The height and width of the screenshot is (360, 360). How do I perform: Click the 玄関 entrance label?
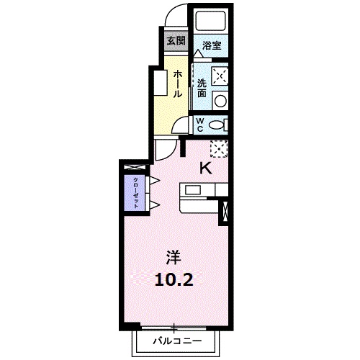pos(175,40)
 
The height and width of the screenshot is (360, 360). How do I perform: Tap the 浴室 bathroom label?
pos(211,45)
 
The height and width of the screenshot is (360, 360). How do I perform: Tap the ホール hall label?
pos(177,85)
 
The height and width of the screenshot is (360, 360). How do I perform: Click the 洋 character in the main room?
pos(173,256)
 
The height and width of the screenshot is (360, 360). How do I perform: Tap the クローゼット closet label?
pos(134,192)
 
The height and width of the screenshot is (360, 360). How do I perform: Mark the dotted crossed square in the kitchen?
pos(218,149)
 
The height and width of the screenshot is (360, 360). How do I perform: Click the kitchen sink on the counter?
pos(194,190)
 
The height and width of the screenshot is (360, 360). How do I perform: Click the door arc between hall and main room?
pos(165,150)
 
